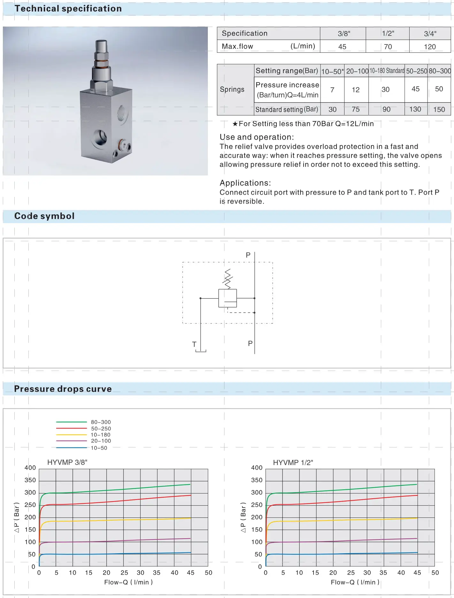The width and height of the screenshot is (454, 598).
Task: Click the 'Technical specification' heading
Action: pos(68,9)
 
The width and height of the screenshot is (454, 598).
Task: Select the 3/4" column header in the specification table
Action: pos(430,34)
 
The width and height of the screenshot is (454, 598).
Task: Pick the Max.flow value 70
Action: pos(388,47)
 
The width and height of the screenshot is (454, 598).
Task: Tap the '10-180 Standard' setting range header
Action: pos(387,71)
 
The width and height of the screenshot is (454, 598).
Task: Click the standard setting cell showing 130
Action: pos(415,109)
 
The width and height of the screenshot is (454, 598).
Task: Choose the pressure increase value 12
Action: pos(356,90)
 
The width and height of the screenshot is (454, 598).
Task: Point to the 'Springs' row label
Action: pos(232,89)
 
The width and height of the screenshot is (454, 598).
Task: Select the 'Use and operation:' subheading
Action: pos(256,137)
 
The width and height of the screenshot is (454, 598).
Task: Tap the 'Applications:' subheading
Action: pos(245,183)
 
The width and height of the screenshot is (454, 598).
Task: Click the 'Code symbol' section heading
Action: pos(44,216)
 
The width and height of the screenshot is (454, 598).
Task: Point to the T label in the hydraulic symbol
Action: pos(194,344)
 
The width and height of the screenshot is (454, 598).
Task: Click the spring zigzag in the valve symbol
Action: pos(228,279)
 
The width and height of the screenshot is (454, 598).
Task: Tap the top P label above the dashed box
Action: pos(248,255)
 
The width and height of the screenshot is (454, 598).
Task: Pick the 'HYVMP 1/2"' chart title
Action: pos(293,462)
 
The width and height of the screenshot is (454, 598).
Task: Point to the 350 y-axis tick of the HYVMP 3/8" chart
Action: pos(30,480)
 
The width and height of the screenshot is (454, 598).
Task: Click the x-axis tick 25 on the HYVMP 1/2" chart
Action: pos(351,573)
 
